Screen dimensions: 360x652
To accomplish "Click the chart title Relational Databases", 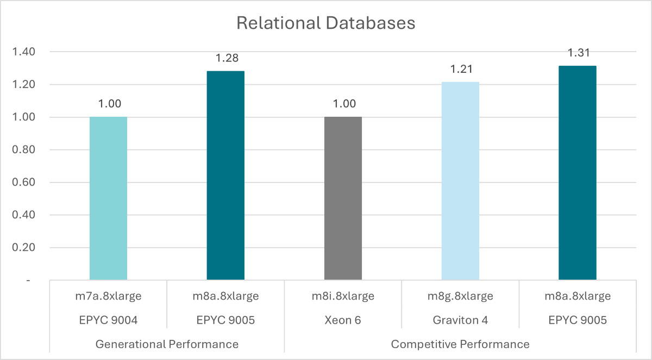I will click(326, 24).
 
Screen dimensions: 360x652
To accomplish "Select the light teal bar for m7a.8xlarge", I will click(108, 198).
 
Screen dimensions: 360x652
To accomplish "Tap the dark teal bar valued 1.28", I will click(225, 175).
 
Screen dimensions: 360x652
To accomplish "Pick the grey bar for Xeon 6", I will click(343, 198).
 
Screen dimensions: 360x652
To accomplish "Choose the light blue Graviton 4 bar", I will click(460, 181).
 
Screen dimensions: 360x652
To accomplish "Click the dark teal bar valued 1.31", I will click(578, 173).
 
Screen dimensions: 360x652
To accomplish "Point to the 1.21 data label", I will click(460, 69).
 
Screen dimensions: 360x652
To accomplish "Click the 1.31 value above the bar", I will click(578, 53).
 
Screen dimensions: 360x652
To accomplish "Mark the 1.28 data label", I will click(225, 58).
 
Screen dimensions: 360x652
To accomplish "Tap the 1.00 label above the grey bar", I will click(343, 104).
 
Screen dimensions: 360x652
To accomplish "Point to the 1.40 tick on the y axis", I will click(24, 52).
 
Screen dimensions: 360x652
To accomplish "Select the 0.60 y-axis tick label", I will click(24, 182).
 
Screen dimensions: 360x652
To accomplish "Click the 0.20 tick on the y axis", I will click(24, 248).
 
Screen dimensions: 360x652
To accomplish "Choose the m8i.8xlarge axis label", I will click(343, 296).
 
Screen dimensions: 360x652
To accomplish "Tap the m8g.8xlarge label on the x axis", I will click(460, 296).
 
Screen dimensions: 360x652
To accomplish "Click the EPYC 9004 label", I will click(108, 320).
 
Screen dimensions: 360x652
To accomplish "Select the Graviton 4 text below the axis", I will click(460, 320).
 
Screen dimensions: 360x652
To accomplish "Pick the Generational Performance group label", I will click(167, 344).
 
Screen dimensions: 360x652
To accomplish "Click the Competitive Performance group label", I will click(460, 344).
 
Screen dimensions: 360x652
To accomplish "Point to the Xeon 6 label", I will click(343, 320).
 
